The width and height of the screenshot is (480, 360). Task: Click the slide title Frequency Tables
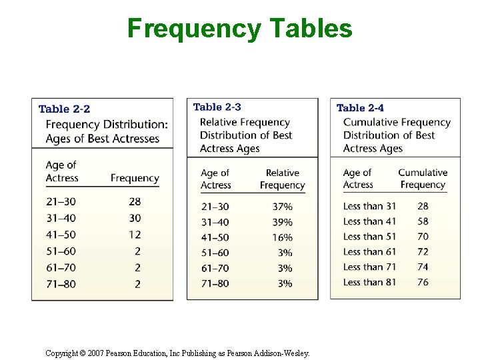239,29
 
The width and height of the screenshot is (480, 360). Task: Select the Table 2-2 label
65,109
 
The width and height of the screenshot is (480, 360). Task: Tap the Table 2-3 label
217,107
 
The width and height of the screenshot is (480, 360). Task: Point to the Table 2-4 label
360,107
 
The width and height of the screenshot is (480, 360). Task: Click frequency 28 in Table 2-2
135,202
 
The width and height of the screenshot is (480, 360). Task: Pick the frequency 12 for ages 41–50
135,235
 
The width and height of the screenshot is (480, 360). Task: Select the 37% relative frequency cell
282,207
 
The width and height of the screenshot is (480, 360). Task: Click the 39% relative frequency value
282,223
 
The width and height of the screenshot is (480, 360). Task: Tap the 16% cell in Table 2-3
282,238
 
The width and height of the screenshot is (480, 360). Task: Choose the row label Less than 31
369,206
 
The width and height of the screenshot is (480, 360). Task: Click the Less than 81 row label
369,282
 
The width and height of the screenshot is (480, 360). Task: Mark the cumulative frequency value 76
423,282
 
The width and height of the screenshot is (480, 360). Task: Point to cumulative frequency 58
423,221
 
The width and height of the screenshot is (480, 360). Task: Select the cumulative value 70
423,237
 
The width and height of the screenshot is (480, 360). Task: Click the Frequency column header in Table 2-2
135,178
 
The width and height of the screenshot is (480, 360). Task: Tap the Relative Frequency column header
282,179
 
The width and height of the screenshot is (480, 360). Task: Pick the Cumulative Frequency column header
423,179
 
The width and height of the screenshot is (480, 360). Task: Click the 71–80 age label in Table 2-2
61,284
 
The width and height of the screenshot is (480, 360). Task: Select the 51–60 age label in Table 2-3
215,253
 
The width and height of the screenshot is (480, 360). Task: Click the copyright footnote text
177,353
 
